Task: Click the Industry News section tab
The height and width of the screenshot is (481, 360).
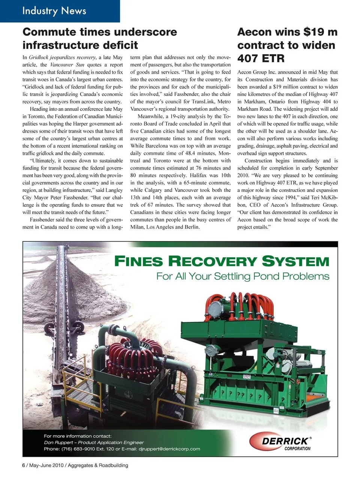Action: (x=54, y=10)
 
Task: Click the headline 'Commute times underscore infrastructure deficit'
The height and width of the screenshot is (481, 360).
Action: (x=100, y=39)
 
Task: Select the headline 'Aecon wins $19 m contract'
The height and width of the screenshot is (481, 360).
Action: (x=287, y=45)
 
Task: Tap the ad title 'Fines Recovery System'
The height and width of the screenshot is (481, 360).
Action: (x=221, y=261)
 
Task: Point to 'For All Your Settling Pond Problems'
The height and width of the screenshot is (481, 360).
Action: (x=243, y=277)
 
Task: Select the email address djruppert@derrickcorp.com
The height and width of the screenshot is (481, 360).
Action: (x=169, y=449)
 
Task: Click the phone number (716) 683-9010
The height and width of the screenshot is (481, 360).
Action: (x=82, y=449)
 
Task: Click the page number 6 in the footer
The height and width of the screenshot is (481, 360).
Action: (x=24, y=465)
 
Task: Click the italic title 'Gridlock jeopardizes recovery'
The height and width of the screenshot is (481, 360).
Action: (x=62, y=57)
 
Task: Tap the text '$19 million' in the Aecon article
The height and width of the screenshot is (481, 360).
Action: (x=278, y=87)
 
